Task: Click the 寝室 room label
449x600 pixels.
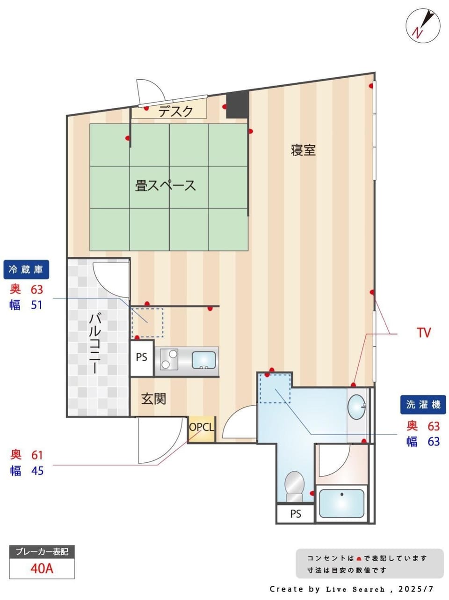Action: pyautogui.click(x=303, y=150)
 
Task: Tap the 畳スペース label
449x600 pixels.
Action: pyautogui.click(x=166, y=185)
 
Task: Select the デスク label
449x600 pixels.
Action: pyautogui.click(x=176, y=111)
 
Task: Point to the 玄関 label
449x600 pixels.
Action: pyautogui.click(x=153, y=399)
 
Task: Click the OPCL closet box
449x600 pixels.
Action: pyautogui.click(x=202, y=429)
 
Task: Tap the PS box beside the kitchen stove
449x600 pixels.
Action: pyautogui.click(x=142, y=358)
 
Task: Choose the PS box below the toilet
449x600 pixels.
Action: pyautogui.click(x=295, y=514)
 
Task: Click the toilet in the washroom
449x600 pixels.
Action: pyautogui.click(x=294, y=487)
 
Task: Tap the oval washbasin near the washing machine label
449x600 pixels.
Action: pyautogui.click(x=357, y=407)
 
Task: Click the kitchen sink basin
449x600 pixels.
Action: pyautogui.click(x=203, y=360)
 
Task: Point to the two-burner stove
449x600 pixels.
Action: pyautogui.click(x=169, y=359)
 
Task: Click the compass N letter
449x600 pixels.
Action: pyautogui.click(x=417, y=33)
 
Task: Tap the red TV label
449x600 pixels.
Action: pyautogui.click(x=424, y=333)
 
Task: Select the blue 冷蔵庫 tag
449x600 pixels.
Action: pyautogui.click(x=26, y=269)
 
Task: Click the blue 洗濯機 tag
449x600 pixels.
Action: pyautogui.click(x=423, y=405)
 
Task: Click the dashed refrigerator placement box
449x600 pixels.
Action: pyautogui.click(x=147, y=323)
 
